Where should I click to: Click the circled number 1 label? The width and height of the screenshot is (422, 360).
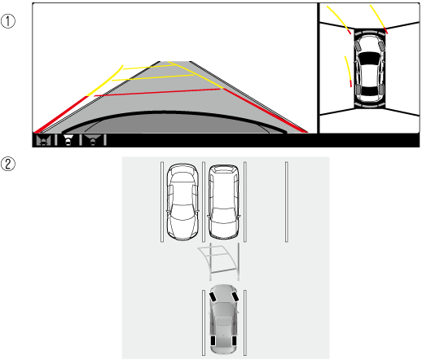point(8,21)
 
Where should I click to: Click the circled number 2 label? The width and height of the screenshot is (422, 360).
point(8,165)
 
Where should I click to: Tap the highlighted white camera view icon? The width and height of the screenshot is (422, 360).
point(68,140)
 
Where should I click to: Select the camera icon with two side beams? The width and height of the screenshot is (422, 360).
point(44,140)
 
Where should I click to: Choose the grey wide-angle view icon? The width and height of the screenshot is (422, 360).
point(93,140)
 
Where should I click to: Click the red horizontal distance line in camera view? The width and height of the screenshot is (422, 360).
point(157,92)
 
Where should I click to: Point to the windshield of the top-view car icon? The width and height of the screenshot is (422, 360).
point(369,58)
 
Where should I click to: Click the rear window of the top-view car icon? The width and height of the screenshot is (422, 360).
point(369,90)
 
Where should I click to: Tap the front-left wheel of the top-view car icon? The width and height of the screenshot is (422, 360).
point(358,46)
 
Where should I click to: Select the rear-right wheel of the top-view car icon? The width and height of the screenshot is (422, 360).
point(381,90)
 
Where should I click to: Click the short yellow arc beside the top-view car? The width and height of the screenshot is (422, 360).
point(348,71)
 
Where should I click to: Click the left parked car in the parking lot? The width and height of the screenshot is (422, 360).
point(182,202)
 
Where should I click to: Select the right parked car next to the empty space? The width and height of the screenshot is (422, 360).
point(224,202)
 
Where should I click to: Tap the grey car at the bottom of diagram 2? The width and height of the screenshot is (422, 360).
point(223,319)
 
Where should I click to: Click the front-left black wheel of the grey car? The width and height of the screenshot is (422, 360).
point(213,296)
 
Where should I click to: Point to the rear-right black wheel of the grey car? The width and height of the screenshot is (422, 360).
point(234,340)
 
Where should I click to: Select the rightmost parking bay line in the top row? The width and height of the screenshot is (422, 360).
point(286,202)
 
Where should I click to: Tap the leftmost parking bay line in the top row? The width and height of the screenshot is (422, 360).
point(162,202)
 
